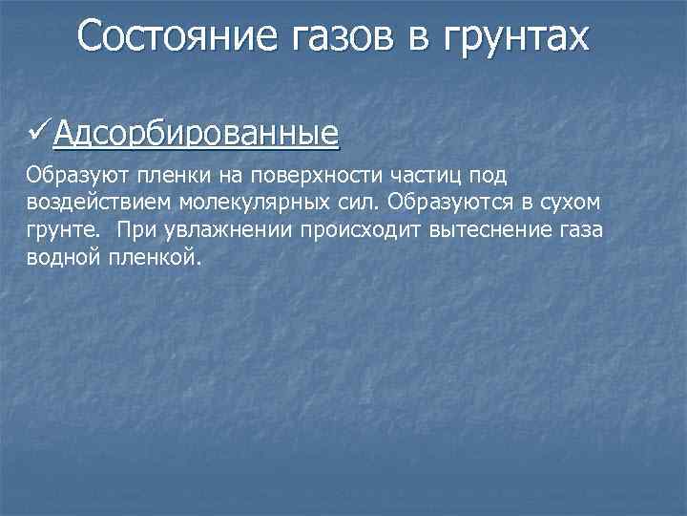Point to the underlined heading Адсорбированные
pyautogui.click(x=197, y=133)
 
